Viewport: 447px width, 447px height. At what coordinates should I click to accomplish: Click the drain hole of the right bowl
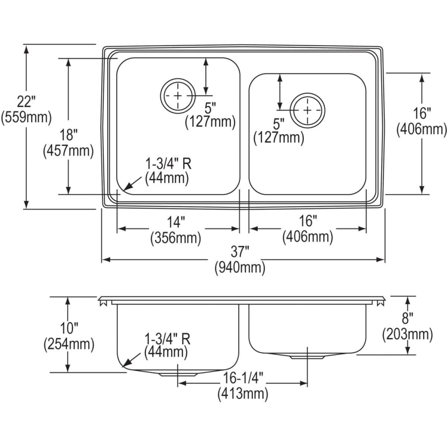coord(308,109)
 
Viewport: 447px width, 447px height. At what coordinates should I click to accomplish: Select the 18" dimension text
coord(69,135)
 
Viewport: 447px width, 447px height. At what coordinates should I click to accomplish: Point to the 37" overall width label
coord(239,253)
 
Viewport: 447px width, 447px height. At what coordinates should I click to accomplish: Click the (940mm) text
coord(239,268)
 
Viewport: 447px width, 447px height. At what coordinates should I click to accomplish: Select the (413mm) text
coord(242,394)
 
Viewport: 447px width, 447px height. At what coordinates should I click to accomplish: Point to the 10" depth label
coord(69,328)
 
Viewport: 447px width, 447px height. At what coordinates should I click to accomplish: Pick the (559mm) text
coord(26,118)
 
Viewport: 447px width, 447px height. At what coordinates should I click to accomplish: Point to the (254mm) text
coord(69,343)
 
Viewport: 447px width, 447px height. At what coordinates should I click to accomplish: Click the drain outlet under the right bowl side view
coord(306,357)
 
